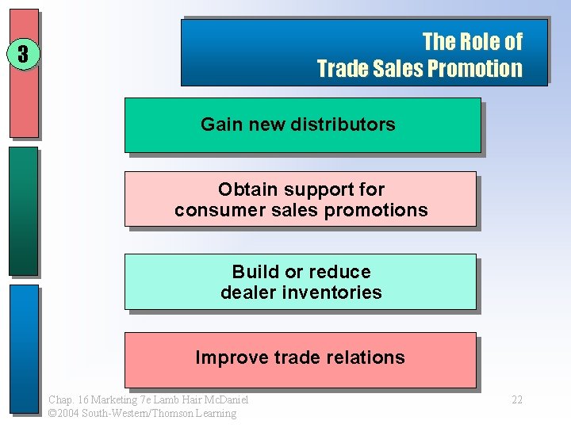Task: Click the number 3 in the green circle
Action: [x=23, y=54]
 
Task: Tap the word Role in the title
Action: [x=477, y=41]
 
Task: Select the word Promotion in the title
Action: [x=474, y=69]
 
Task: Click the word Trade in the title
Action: [x=340, y=69]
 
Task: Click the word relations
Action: [x=365, y=357]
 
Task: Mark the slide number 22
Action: [x=516, y=399]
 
